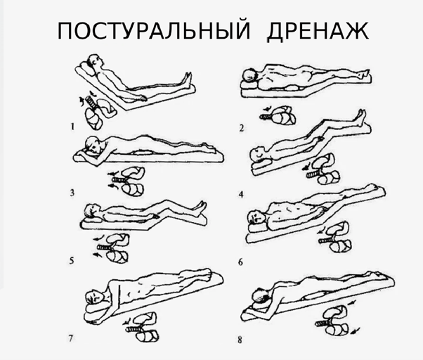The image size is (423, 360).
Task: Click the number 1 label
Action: pyautogui.click(x=73, y=127)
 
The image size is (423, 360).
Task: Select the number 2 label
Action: pyautogui.click(x=241, y=127)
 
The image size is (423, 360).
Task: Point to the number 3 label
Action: pyautogui.click(x=73, y=191)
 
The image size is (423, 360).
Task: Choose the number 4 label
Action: pyautogui.click(x=241, y=192)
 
